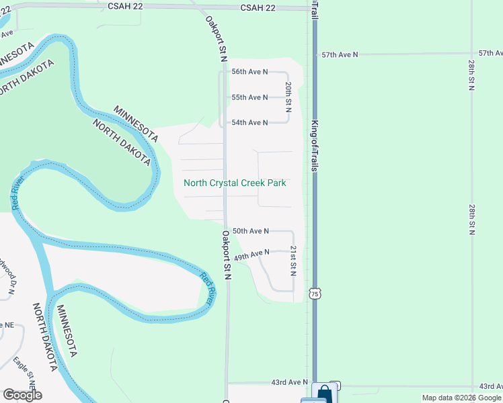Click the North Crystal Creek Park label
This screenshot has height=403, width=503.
[235, 183]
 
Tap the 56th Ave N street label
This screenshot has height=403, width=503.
[249, 71]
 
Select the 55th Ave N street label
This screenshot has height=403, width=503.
[249, 97]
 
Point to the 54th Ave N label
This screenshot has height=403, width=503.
[249, 122]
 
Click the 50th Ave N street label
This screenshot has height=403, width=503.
[250, 231]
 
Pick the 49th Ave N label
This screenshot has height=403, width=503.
[251, 255]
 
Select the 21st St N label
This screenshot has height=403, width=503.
[293, 260]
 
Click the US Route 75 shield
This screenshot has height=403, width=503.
[315, 294]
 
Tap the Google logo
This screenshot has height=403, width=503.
[22, 395]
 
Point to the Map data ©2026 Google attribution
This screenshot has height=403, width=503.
[462, 398]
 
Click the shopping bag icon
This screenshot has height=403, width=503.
[324, 392]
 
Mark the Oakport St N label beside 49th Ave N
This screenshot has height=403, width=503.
[227, 255]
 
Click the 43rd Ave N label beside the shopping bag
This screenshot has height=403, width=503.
[289, 382]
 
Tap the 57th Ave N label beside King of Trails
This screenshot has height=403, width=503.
[340, 54]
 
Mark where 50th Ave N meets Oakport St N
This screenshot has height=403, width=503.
[225, 231]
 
